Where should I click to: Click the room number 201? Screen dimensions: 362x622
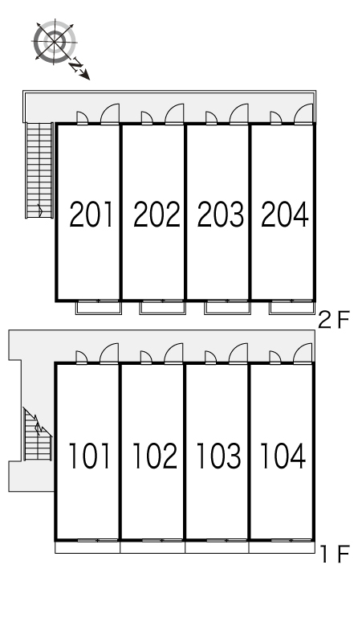pyautogui.click(x=92, y=215)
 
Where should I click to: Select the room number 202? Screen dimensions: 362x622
pyautogui.click(x=157, y=215)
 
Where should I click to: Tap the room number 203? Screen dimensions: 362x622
pyautogui.click(x=221, y=215)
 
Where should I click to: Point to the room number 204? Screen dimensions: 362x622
pyautogui.click(x=285, y=215)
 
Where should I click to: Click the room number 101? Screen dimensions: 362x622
pyautogui.click(x=90, y=456)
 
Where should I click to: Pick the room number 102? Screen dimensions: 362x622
pyautogui.click(x=154, y=456)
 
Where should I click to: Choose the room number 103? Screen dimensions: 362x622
pyautogui.click(x=218, y=456)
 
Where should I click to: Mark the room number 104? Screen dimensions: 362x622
pyautogui.click(x=283, y=456)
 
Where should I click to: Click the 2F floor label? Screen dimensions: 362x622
pyautogui.click(x=335, y=320)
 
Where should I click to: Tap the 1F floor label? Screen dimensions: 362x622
pyautogui.click(x=335, y=554)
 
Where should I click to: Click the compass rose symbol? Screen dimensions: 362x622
pyautogui.click(x=55, y=41)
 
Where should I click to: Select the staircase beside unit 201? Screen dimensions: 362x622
pyautogui.click(x=39, y=170)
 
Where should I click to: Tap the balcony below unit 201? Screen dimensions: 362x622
pyautogui.click(x=98, y=308)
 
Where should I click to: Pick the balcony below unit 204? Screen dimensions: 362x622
pyautogui.click(x=292, y=308)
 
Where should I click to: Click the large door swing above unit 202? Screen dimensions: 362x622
pyautogui.click(x=175, y=114)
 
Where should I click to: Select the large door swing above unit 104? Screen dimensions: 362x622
pyautogui.click(x=303, y=353)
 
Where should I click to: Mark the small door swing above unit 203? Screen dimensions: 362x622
pyautogui.click(x=211, y=118)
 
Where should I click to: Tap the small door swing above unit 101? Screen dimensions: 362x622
pyautogui.click(x=82, y=357)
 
